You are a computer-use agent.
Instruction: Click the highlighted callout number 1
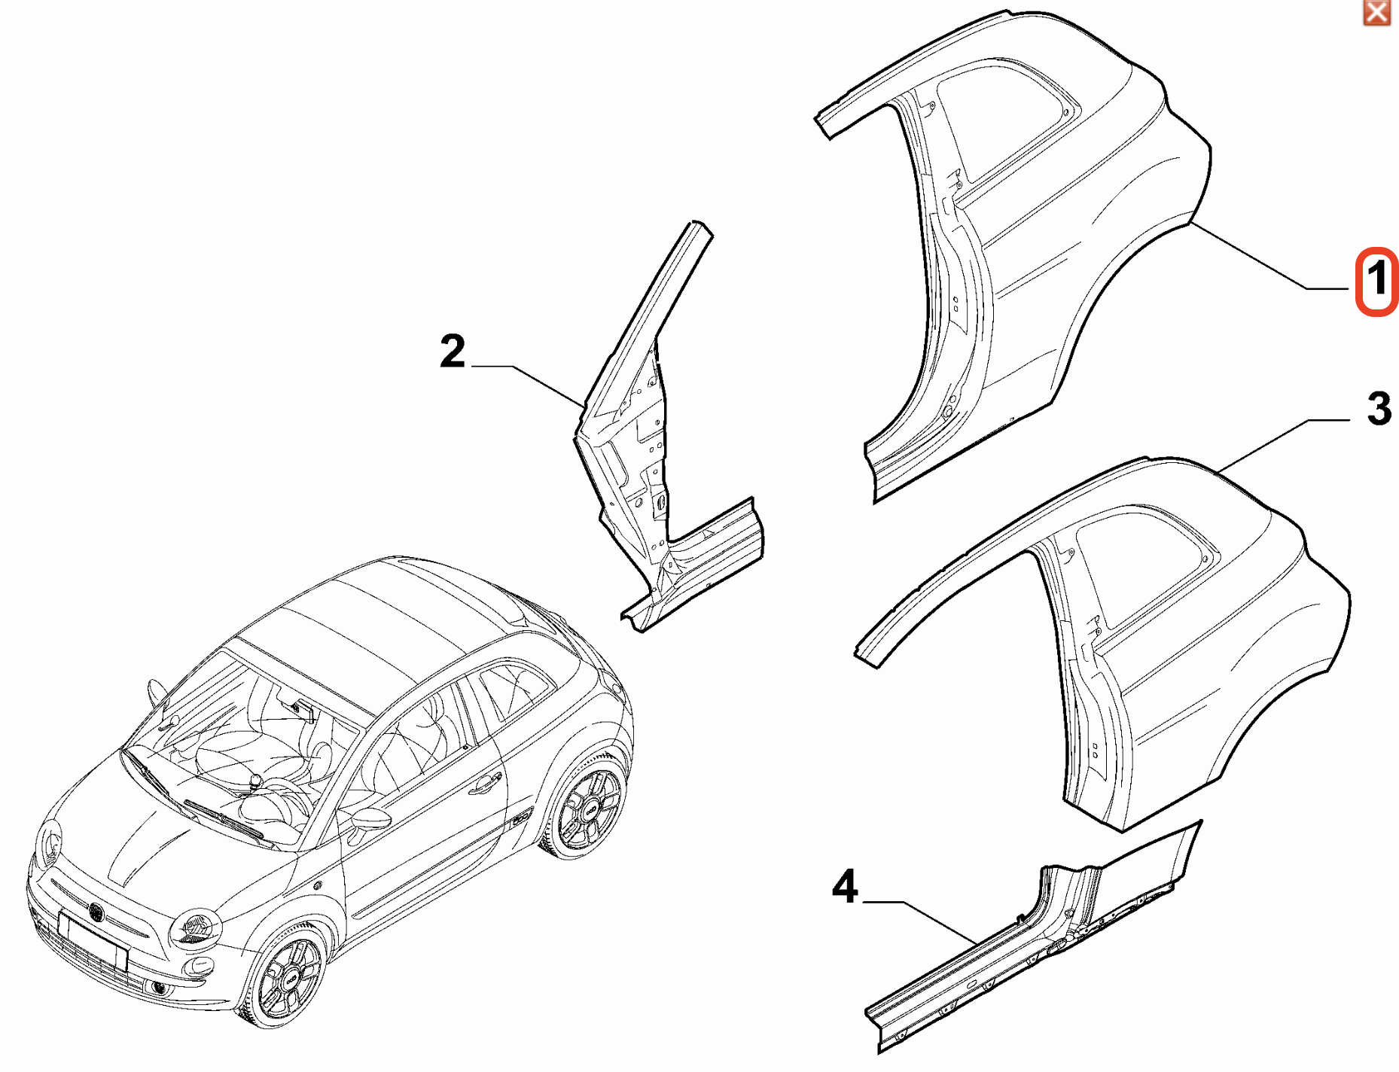pos(1376,281)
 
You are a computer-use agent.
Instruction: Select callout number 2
pos(453,352)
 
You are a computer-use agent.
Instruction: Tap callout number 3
pos(1379,409)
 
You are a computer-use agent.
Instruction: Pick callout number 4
pos(845,886)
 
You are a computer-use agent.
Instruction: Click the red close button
pos(1376,13)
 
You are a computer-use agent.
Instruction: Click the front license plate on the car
pos(93,940)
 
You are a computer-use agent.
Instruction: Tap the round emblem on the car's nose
pos(96,912)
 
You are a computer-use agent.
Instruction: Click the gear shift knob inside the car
pos(256,780)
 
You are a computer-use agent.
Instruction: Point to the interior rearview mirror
pos(305,709)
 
